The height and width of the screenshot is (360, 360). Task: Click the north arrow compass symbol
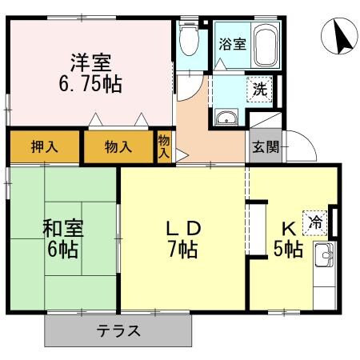[340, 36]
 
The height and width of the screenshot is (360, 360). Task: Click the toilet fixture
[189, 38]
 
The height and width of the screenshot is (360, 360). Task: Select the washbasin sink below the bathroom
[227, 118]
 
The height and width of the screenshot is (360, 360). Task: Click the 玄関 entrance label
[266, 147]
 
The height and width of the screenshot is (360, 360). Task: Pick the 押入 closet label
[45, 147]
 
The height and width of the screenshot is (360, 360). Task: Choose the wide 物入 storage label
[118, 147]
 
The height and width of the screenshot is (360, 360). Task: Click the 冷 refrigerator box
[318, 222]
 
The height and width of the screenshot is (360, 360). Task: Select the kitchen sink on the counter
[326, 258]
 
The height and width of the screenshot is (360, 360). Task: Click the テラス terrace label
[118, 330]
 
